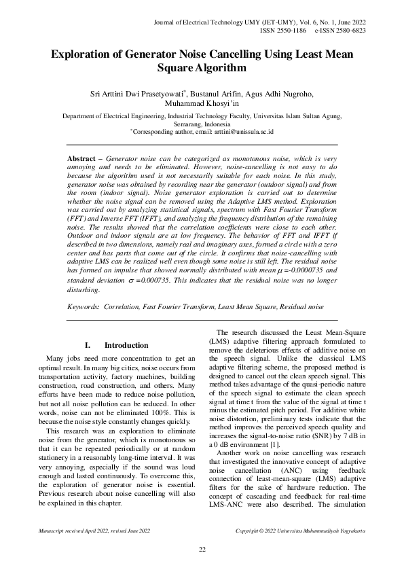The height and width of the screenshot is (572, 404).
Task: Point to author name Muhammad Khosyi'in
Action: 202,104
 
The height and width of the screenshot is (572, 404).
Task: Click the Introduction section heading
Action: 126,345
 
